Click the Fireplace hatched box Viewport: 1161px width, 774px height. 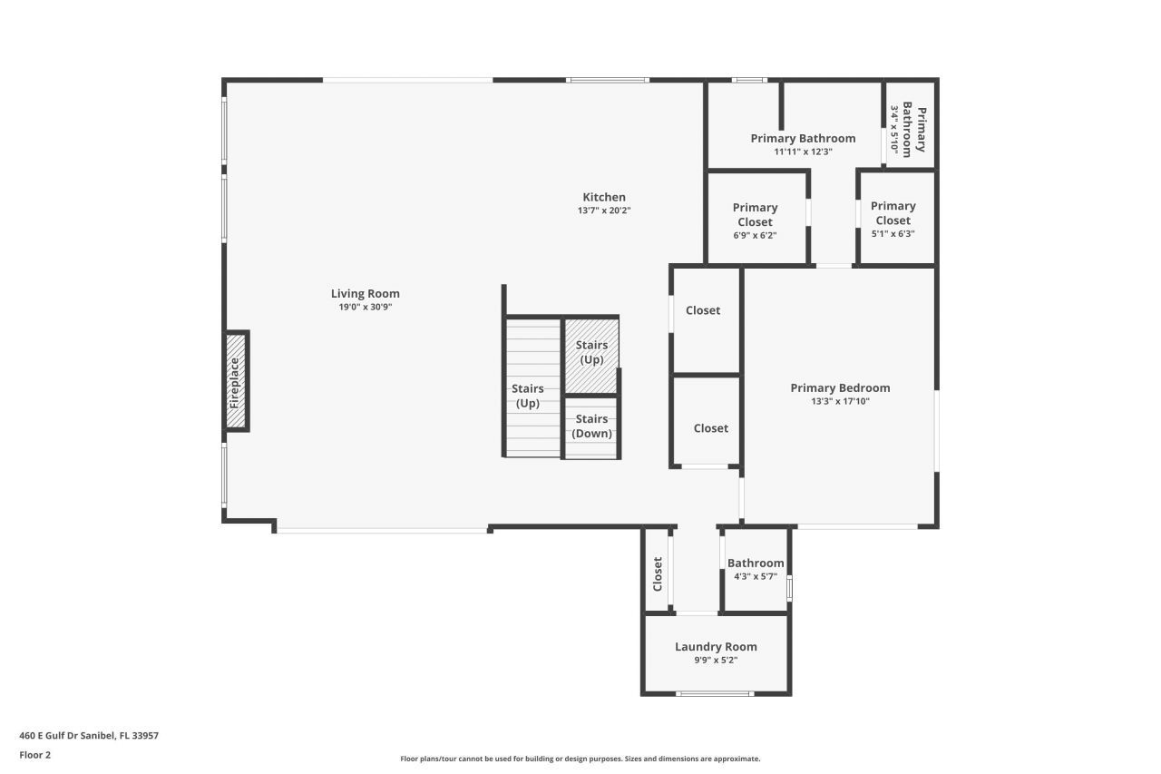click(x=236, y=381)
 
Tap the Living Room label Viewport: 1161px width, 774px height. click(x=365, y=293)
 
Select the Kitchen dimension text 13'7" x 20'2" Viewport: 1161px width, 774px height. click(x=603, y=211)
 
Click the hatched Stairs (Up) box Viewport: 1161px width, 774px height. click(x=591, y=354)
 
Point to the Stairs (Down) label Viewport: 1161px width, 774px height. click(x=591, y=426)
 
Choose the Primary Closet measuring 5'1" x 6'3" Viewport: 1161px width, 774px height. click(x=893, y=218)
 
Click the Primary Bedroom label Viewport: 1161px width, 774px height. click(x=840, y=387)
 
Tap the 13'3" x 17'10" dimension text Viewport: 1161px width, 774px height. click(x=840, y=401)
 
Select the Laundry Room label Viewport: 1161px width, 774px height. click(x=716, y=647)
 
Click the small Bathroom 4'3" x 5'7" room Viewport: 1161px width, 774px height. click(x=756, y=570)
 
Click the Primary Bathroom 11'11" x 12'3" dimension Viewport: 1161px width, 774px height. click(x=803, y=152)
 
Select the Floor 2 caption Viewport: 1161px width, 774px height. click(x=35, y=754)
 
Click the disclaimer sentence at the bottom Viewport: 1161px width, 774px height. click(x=580, y=759)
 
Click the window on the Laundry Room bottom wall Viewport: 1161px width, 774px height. click(x=715, y=694)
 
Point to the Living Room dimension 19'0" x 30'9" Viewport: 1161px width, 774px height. click(x=365, y=307)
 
